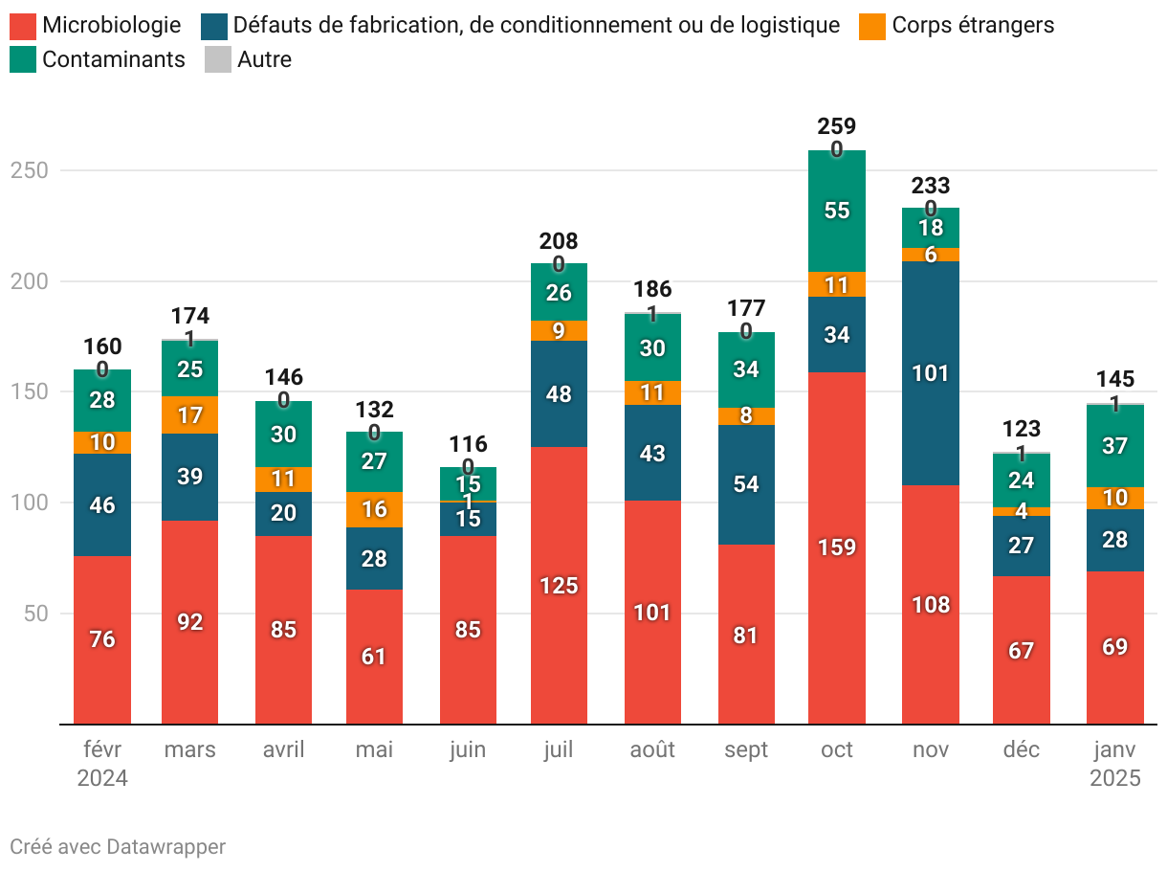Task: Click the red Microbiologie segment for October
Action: (837, 547)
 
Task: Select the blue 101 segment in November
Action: (931, 373)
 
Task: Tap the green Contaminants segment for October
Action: (837, 211)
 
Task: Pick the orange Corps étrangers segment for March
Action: (190, 415)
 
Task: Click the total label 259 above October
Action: (837, 126)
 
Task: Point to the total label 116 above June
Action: (469, 444)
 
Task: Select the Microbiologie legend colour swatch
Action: (23, 26)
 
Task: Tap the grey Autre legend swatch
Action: (218, 59)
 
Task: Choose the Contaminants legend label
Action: (114, 59)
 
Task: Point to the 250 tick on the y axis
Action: (28, 170)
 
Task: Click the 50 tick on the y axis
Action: (34, 614)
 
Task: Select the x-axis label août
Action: (651, 749)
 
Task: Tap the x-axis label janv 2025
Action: (1115, 764)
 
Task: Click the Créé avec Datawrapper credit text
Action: (118, 847)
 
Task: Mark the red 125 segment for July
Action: (559, 585)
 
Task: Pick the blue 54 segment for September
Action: (745, 484)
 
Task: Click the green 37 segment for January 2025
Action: (1115, 446)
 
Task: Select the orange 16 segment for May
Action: (375, 509)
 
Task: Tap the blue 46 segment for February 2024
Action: (102, 504)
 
